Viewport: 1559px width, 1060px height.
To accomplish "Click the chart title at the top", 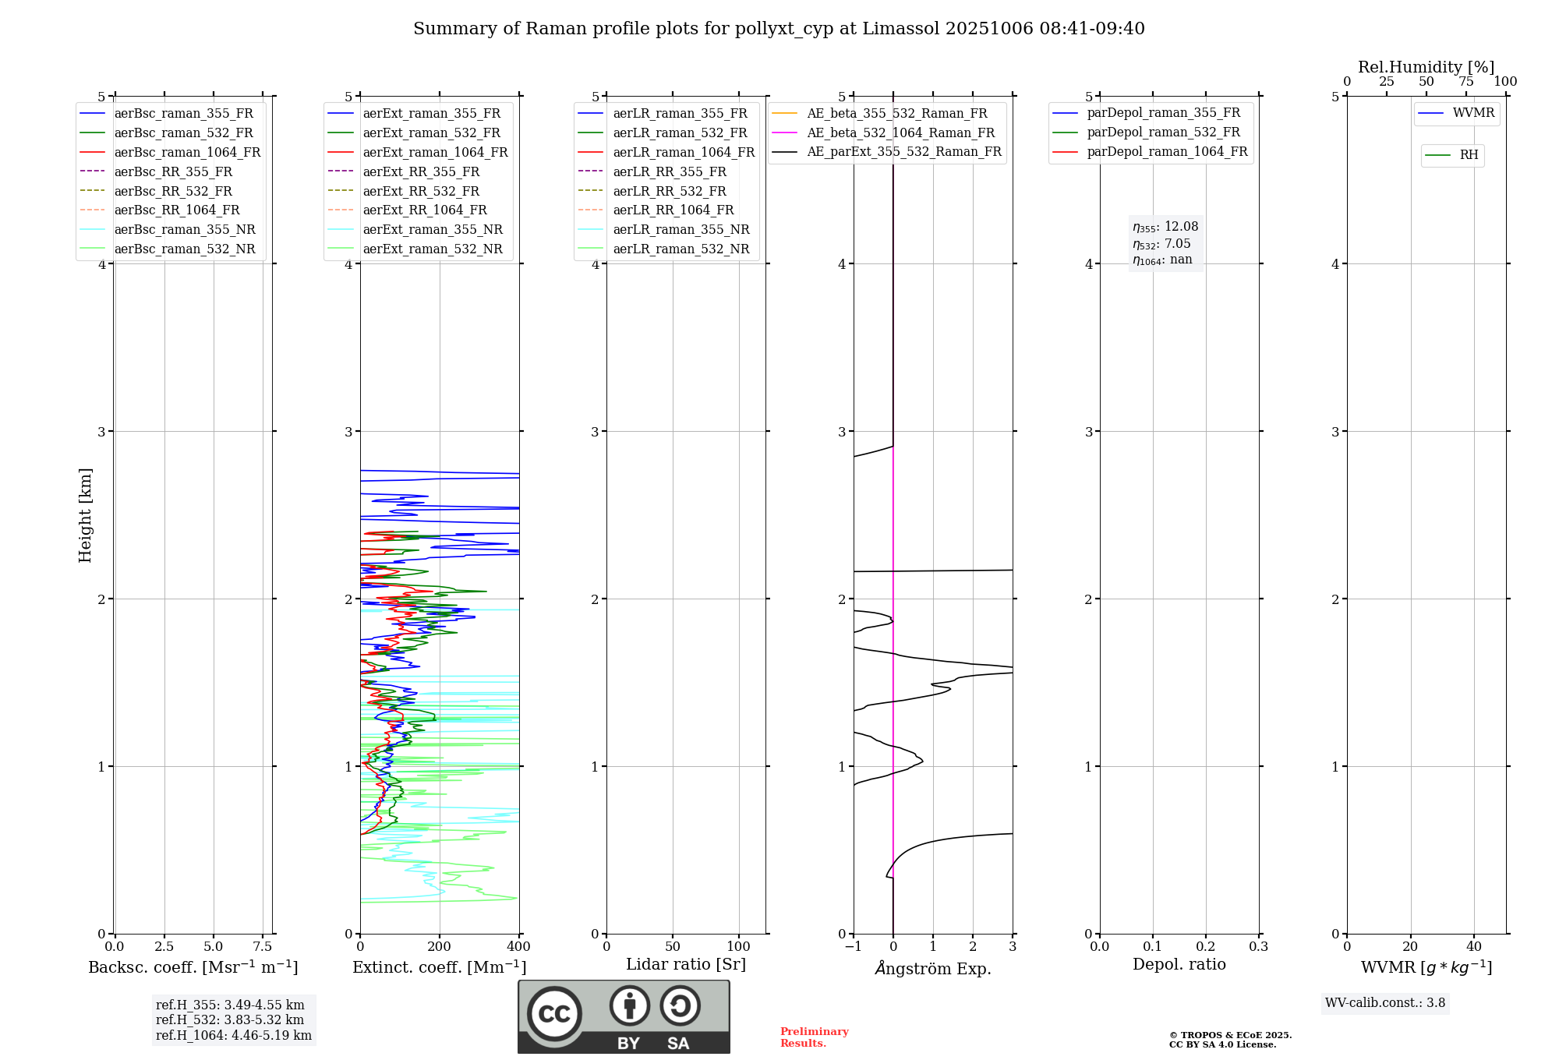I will tap(779, 29).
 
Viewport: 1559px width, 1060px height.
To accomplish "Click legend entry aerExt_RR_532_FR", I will tap(421, 191).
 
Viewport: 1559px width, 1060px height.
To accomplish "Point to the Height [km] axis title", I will tap(85, 515).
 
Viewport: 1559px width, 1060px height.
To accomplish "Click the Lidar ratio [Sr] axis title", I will tap(686, 964).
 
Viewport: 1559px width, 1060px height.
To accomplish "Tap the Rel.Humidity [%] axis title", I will tap(1426, 67).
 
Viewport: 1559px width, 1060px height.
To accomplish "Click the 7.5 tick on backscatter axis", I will tap(263, 947).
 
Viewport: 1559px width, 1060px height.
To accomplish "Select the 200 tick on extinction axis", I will tap(440, 947).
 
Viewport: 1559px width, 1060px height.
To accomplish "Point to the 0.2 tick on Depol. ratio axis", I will tap(1206, 947).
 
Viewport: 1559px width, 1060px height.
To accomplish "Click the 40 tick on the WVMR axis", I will tap(1474, 947).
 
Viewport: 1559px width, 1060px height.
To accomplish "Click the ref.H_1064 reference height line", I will tap(233, 1036).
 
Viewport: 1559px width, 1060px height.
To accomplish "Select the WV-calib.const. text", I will tap(1385, 1003).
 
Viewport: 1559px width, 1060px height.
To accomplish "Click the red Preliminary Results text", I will tap(814, 1037).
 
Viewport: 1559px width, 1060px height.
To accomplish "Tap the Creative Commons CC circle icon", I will tap(554, 1013).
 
